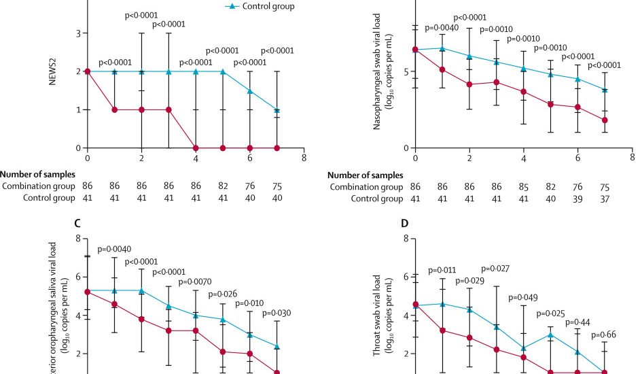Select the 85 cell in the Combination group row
524,186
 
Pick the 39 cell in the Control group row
577,199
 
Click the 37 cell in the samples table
605,199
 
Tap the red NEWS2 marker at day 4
196,148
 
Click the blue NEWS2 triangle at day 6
250,90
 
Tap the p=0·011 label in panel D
442,271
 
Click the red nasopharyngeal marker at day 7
605,120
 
